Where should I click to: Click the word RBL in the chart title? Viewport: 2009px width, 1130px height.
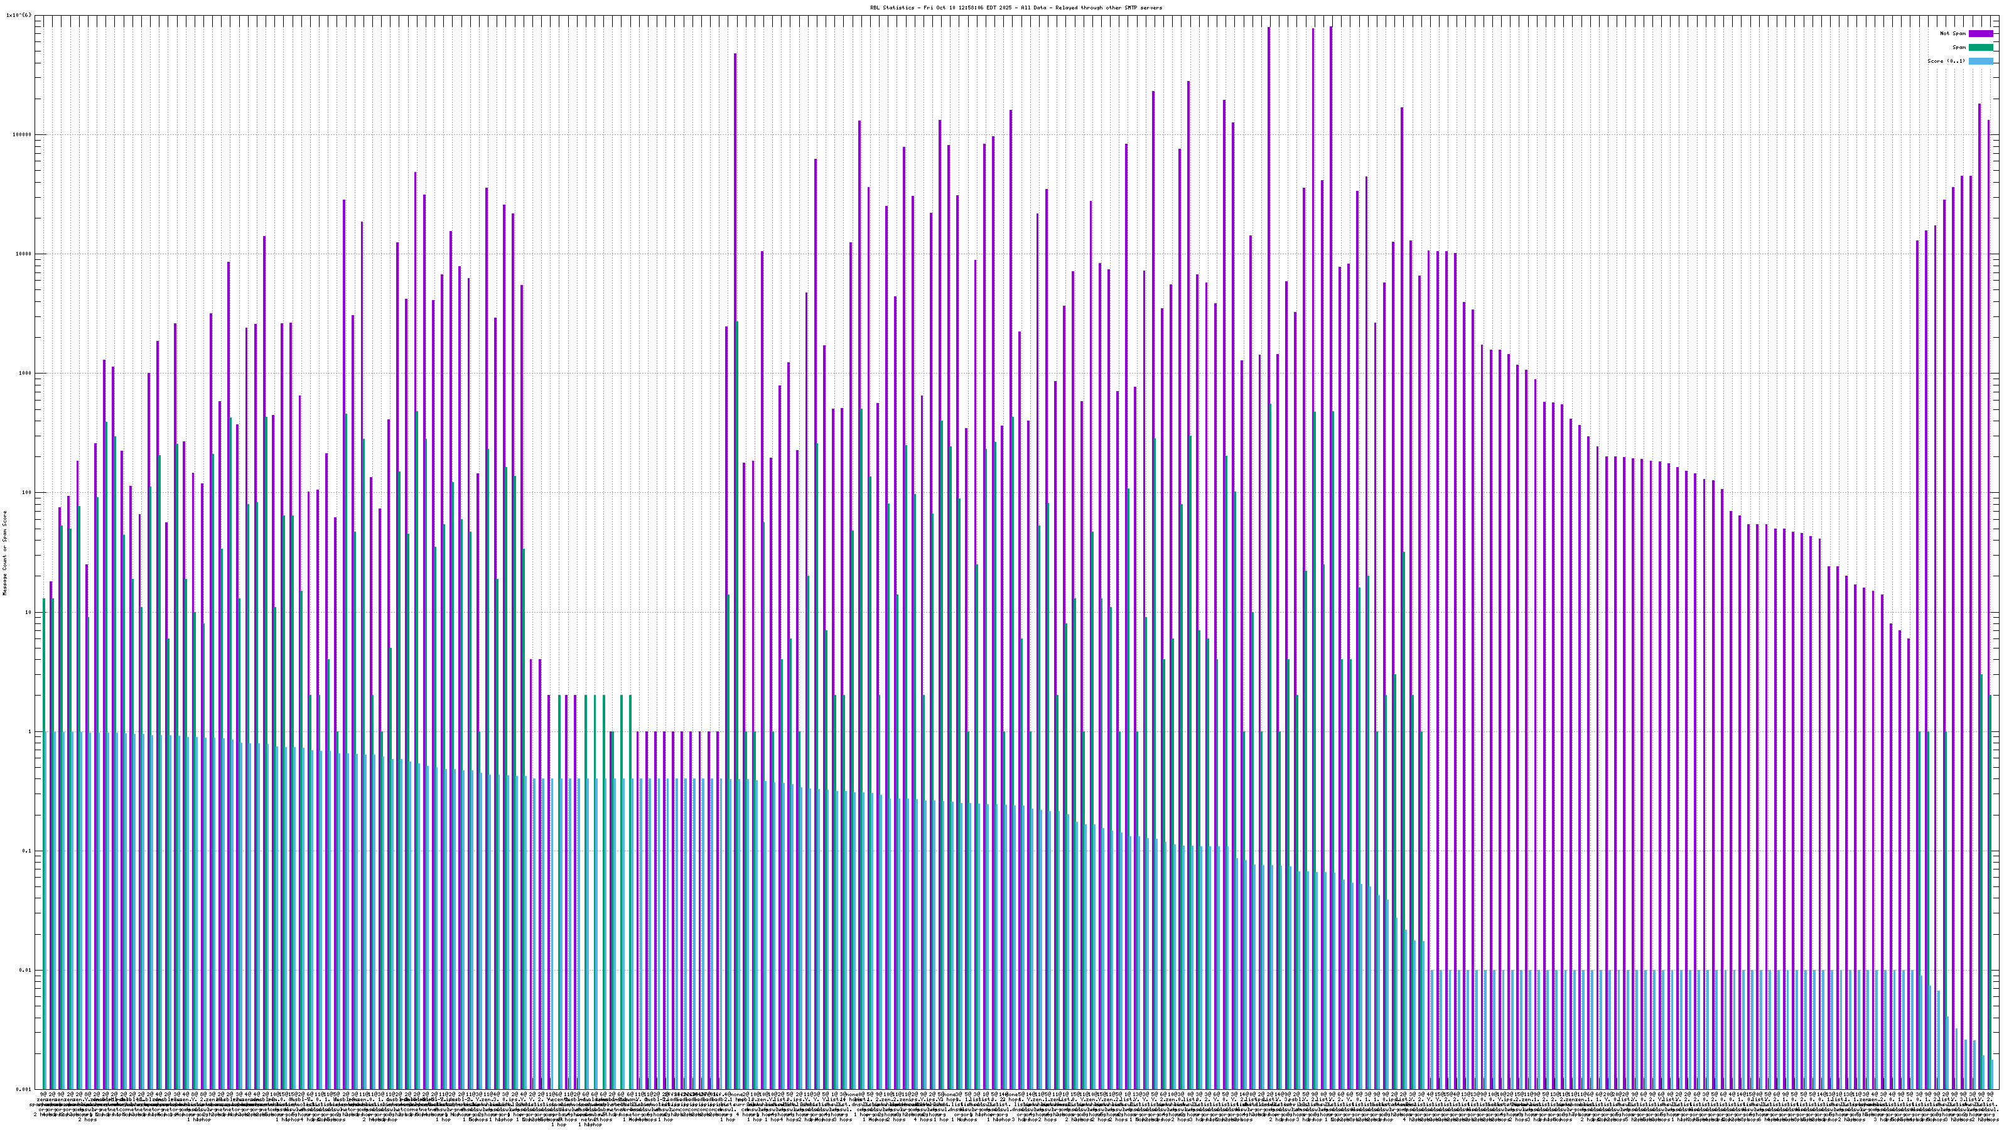pos(875,8)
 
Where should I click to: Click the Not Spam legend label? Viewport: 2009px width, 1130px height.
pos(1953,33)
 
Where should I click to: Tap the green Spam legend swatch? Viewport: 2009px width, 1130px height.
pos(1981,48)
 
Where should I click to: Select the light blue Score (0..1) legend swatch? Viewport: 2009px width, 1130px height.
pos(1981,61)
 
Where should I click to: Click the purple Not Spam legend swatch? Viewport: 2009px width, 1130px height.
pos(1981,33)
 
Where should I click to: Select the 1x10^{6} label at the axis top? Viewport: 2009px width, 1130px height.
pos(19,15)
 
